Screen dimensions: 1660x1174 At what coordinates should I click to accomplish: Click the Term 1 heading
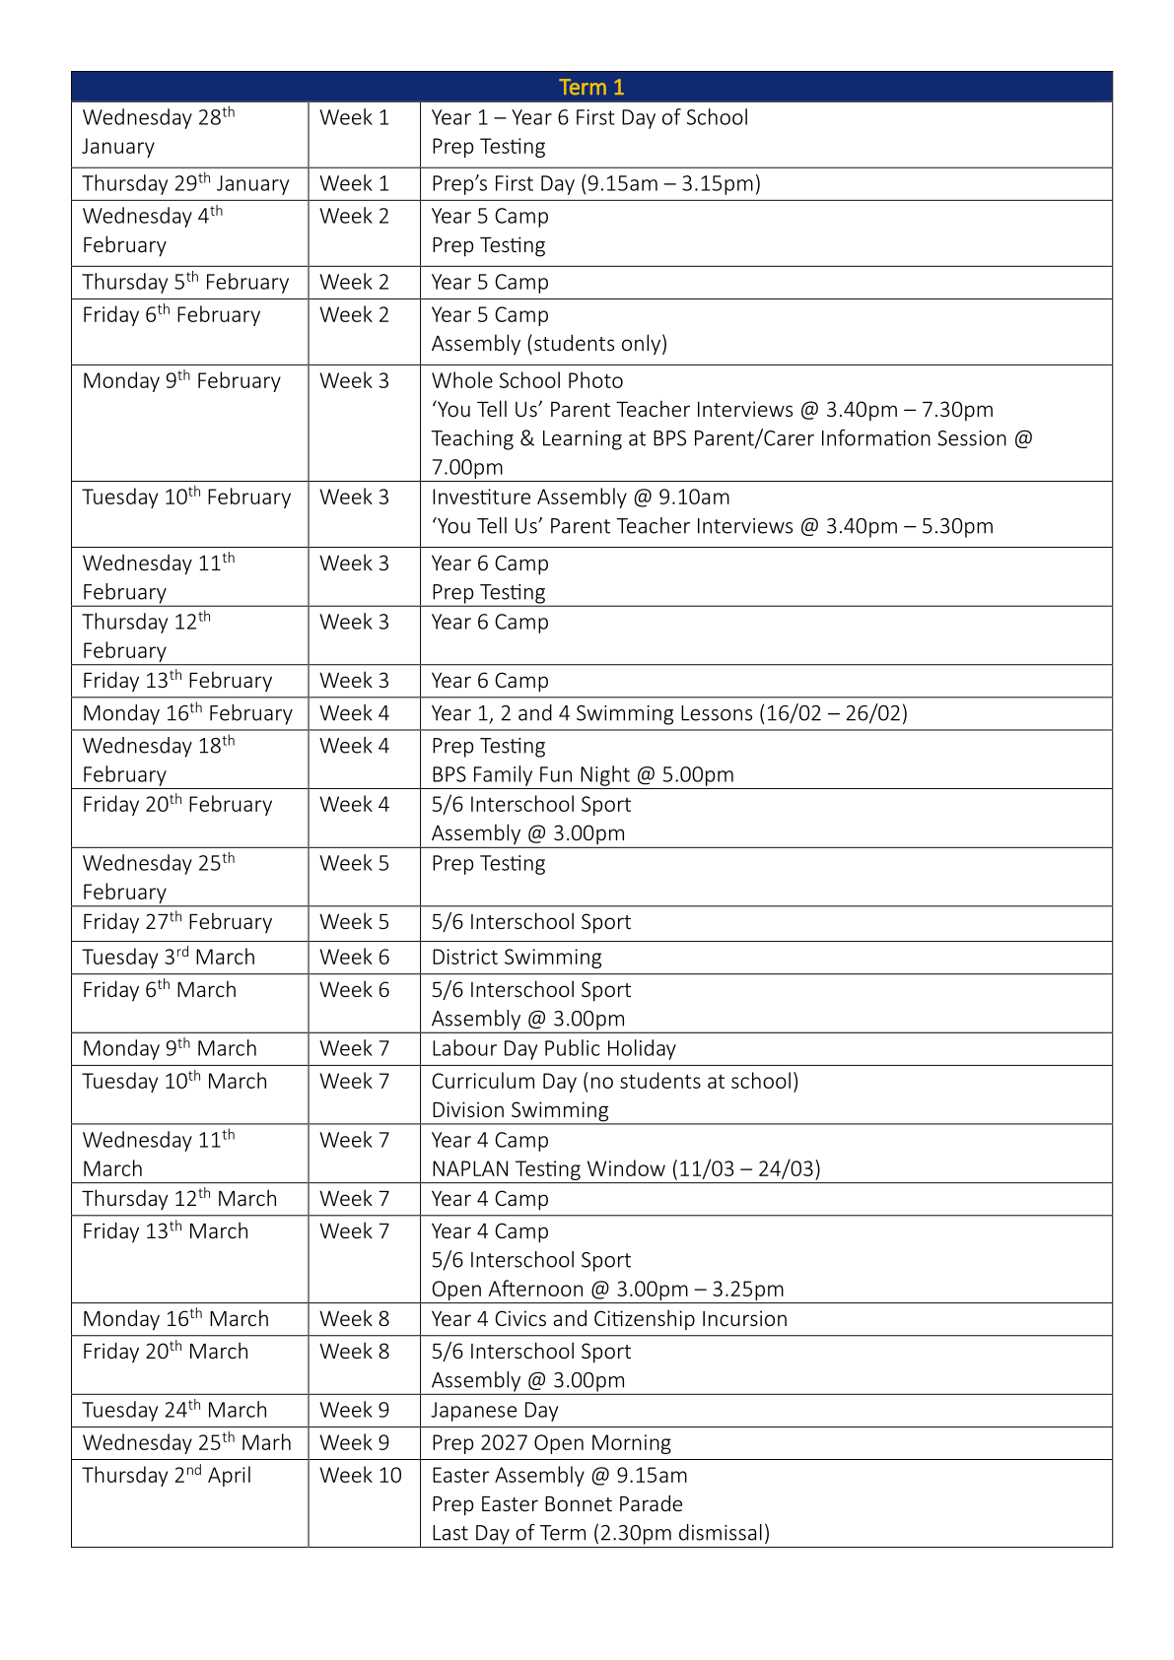pyautogui.click(x=591, y=87)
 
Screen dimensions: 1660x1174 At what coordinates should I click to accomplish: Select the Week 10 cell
pyautogui.click(x=361, y=1475)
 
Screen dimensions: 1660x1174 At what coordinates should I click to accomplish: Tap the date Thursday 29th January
pyautogui.click(x=185, y=184)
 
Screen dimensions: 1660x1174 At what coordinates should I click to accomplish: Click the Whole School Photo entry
pyautogui.click(x=527, y=381)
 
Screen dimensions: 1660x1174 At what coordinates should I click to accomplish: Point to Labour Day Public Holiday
pyautogui.click(x=553, y=1048)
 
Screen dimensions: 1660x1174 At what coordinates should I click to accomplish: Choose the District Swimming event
pyautogui.click(x=517, y=957)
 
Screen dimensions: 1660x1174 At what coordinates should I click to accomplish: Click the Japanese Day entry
pyautogui.click(x=495, y=1410)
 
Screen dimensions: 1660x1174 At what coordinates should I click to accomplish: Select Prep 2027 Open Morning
pyautogui.click(x=551, y=1442)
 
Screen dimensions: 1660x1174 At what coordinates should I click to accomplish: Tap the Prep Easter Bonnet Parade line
pyautogui.click(x=557, y=1504)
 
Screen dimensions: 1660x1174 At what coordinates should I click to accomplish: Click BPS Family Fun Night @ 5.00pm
pyautogui.click(x=583, y=774)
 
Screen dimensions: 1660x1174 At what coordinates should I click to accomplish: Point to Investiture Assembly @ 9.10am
pyautogui.click(x=581, y=498)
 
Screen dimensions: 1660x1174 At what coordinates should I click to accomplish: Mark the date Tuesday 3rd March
pyautogui.click(x=169, y=957)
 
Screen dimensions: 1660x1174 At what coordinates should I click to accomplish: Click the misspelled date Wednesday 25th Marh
pyautogui.click(x=187, y=1442)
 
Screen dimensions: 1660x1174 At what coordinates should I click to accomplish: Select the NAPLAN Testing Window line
pyautogui.click(x=626, y=1168)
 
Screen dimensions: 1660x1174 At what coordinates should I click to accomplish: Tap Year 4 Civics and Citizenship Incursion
pyautogui.click(x=609, y=1319)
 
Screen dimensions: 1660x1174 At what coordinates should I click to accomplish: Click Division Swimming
pyautogui.click(x=519, y=1110)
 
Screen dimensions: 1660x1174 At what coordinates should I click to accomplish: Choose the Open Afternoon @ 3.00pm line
pyautogui.click(x=607, y=1289)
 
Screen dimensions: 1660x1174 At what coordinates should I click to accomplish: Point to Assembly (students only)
pyautogui.click(x=549, y=344)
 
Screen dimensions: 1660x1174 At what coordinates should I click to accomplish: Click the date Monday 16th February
pyautogui.click(x=187, y=713)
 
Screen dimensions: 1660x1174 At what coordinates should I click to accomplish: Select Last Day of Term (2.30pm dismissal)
pyautogui.click(x=600, y=1533)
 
